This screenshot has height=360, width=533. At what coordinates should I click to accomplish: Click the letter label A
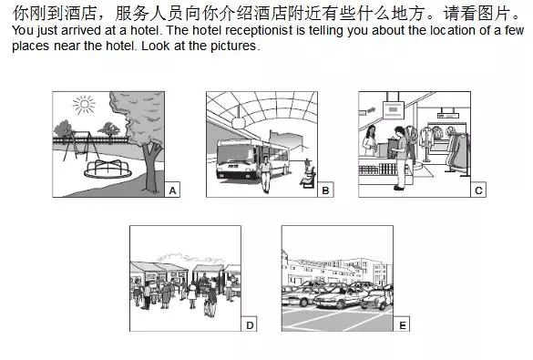172,190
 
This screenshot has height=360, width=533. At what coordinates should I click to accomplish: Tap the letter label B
325,190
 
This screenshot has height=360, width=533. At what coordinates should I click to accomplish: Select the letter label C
478,190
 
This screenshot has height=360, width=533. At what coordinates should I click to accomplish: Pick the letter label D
250,325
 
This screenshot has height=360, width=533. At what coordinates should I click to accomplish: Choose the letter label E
402,325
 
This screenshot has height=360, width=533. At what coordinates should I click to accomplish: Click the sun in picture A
84,105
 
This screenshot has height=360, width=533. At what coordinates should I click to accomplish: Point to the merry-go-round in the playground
108,169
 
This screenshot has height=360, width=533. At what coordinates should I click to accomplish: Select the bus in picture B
251,158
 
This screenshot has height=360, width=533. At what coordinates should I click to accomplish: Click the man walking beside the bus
266,174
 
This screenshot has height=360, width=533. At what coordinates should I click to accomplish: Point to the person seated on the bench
308,172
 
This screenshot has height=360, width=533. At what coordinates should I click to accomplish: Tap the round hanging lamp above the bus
239,122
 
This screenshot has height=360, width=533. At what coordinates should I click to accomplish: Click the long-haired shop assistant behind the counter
370,140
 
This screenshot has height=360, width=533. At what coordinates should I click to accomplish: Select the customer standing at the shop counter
401,158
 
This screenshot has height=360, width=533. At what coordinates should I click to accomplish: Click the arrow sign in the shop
371,109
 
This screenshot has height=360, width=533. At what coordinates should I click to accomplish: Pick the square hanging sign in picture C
394,109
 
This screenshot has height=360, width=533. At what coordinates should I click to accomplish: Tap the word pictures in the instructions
233,46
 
